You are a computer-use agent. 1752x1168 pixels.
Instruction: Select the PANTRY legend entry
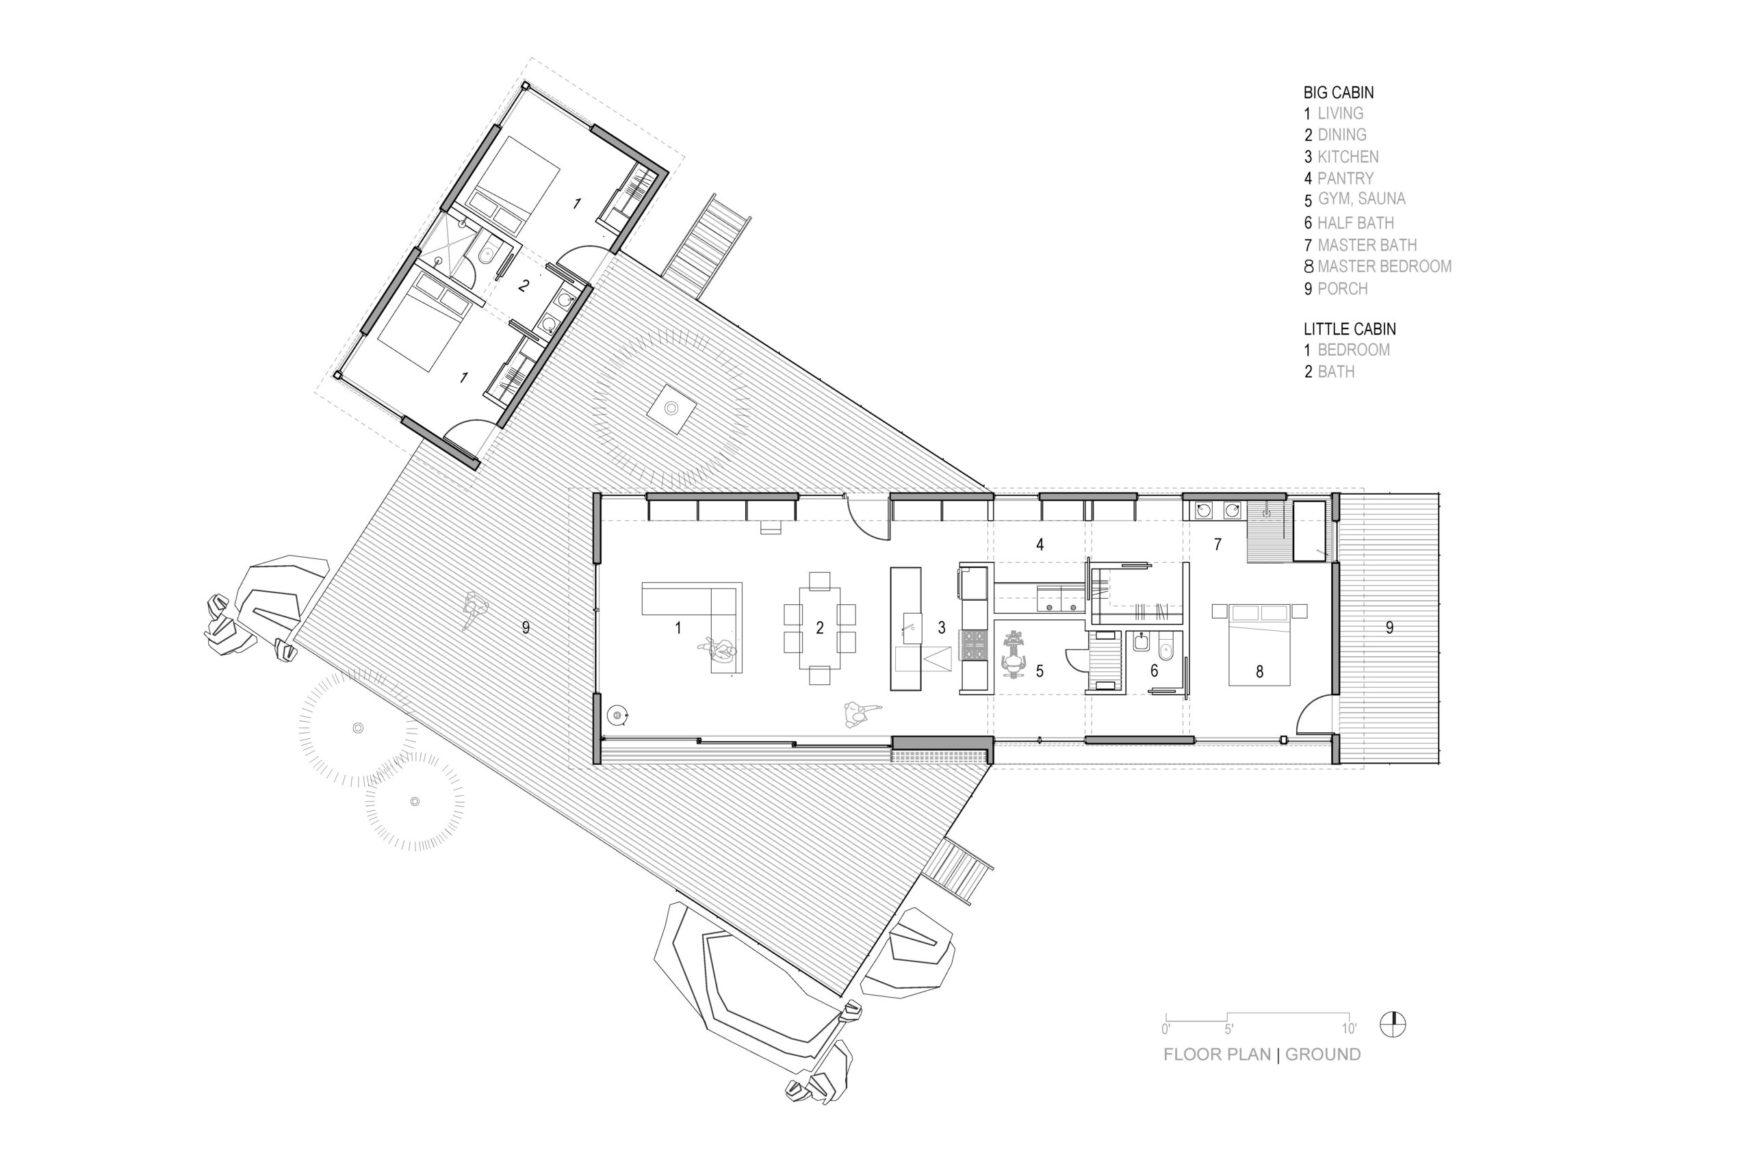point(1345,178)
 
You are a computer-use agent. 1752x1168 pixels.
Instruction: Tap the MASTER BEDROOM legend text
point(1384,266)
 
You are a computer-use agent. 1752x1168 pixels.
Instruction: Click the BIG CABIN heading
point(1339,92)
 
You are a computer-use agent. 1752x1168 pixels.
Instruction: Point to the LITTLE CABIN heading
point(1350,328)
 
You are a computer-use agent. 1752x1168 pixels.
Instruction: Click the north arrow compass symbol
point(1392,1025)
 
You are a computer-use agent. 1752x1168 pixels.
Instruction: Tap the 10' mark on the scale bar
point(1349,1030)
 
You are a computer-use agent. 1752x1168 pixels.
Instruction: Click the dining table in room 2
point(819,628)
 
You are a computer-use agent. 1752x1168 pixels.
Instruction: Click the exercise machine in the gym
point(1013,655)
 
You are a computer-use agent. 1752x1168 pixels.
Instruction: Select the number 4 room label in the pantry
point(1040,545)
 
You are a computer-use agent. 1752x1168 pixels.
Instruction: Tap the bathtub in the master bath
point(1309,530)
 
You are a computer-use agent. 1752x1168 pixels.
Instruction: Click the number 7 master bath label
point(1218,545)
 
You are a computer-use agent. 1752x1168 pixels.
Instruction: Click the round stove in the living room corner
point(617,716)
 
